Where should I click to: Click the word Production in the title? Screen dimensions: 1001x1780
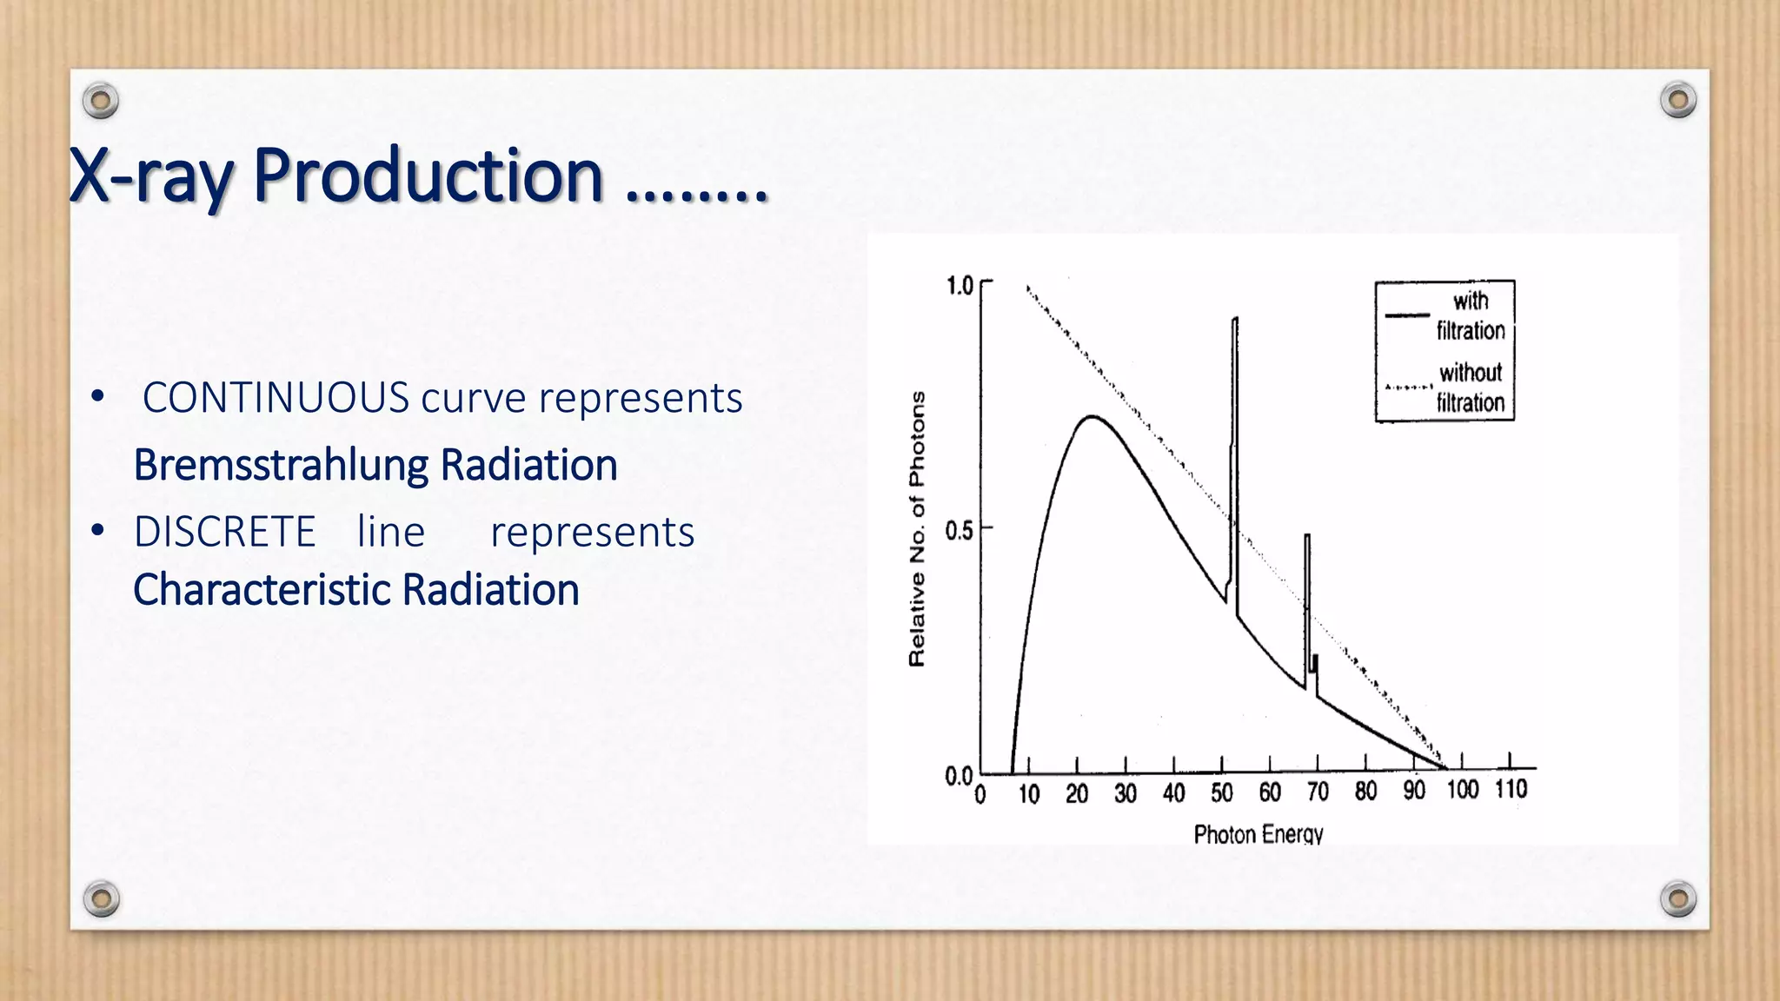(x=428, y=176)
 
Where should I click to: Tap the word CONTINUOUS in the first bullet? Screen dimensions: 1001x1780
(x=276, y=398)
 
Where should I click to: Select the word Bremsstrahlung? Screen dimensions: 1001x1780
(x=281, y=465)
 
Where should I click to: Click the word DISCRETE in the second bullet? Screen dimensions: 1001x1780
(x=224, y=532)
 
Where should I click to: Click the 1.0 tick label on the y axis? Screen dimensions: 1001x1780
(x=959, y=286)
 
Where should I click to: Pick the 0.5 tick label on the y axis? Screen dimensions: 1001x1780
(x=959, y=530)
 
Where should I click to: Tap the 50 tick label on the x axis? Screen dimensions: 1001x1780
(x=1221, y=792)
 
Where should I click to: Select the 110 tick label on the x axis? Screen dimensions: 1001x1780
(x=1511, y=789)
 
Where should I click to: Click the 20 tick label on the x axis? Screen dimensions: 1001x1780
(x=1077, y=793)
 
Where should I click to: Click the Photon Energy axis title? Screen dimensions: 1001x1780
(x=1258, y=834)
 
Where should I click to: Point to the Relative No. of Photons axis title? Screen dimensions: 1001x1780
(x=917, y=528)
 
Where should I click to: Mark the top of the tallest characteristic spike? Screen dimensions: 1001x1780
(x=1235, y=320)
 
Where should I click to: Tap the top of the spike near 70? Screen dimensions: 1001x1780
(x=1307, y=536)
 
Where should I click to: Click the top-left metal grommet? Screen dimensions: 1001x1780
(x=101, y=102)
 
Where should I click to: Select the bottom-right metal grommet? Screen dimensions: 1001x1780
(x=1678, y=898)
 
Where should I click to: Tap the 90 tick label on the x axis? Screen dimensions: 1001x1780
(x=1414, y=791)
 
